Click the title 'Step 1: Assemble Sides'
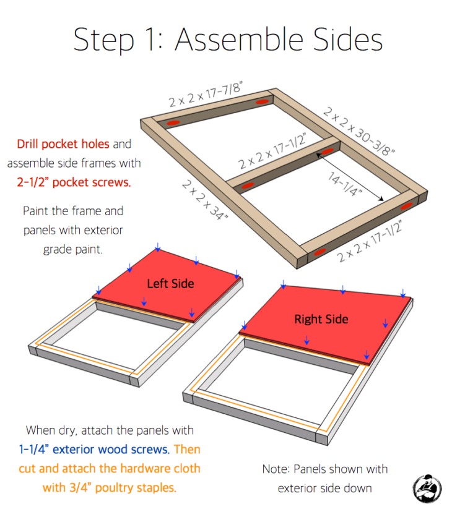(x=228, y=39)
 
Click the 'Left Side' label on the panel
(x=170, y=284)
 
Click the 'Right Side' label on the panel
(x=321, y=319)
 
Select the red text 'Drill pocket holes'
(x=63, y=144)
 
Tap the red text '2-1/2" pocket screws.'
(x=74, y=182)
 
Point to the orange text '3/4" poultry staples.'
(x=110, y=488)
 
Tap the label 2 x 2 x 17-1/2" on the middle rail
(x=273, y=151)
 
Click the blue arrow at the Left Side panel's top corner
(x=158, y=248)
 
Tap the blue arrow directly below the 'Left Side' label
(x=144, y=302)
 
